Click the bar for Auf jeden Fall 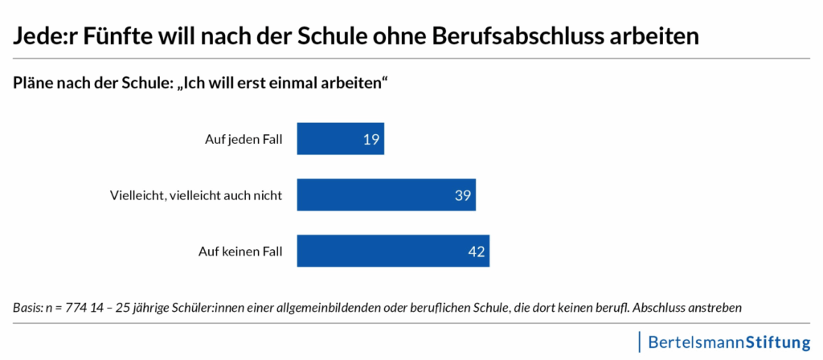340,138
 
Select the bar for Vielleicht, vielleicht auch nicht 386,194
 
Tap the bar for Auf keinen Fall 393,251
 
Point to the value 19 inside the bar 371,138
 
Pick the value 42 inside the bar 475,251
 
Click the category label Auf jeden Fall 244,139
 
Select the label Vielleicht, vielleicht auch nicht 196,195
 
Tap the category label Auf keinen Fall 240,252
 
